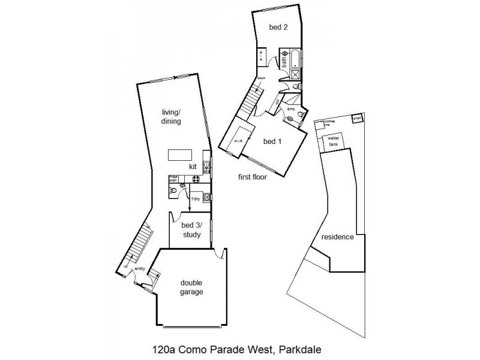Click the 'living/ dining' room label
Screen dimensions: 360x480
coord(172,116)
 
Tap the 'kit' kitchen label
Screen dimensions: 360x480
coord(193,166)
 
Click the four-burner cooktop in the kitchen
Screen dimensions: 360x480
coord(196,179)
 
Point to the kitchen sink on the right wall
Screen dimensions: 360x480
coord(206,165)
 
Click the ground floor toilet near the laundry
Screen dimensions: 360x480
coord(174,191)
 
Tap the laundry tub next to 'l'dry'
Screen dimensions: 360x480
coord(206,197)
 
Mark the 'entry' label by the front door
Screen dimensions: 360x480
coord(140,269)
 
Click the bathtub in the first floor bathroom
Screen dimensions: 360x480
coord(295,59)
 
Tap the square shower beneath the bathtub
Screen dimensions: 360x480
coord(296,74)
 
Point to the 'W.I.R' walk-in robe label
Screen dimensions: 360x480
coord(239,142)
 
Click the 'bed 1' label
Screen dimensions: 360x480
coord(273,142)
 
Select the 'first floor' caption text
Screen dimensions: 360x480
coord(252,177)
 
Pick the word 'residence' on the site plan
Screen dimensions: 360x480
coord(337,236)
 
